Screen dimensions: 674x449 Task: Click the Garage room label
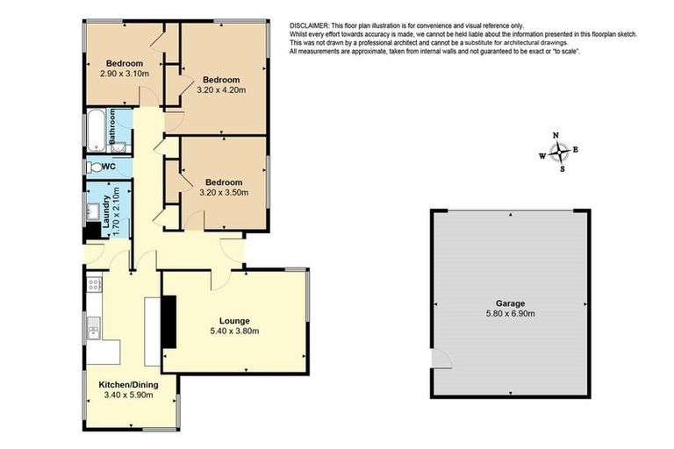[510, 303]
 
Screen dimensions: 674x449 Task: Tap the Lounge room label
[234, 321]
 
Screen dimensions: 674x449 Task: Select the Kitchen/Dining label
[128, 385]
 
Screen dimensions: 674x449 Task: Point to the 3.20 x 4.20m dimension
[221, 90]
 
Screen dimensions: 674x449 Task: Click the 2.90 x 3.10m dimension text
[125, 74]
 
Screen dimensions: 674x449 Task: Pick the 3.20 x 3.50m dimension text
[224, 192]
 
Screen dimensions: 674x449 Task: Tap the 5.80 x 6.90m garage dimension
[510, 314]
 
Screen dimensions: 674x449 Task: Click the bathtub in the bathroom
[97, 131]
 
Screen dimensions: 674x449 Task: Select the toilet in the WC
[95, 167]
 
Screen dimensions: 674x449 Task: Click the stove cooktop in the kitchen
[94, 283]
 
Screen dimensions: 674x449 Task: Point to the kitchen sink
[94, 328]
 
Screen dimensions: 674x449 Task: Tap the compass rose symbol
[559, 152]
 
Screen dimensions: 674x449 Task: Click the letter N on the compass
[556, 136]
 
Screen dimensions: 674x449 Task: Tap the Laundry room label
[106, 211]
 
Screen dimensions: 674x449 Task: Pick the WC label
[109, 167]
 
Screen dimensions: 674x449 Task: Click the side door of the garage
[441, 360]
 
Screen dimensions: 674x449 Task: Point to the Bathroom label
[112, 126]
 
